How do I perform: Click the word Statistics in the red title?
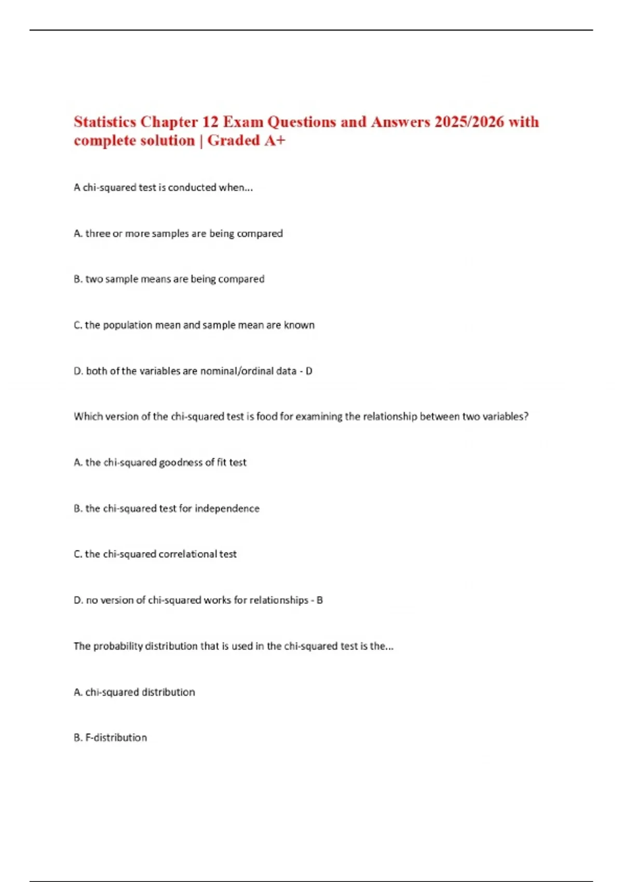point(105,122)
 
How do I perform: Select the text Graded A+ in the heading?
point(246,141)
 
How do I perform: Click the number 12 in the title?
point(210,122)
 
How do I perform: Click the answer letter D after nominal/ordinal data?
point(309,371)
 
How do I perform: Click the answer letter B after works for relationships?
point(320,600)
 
